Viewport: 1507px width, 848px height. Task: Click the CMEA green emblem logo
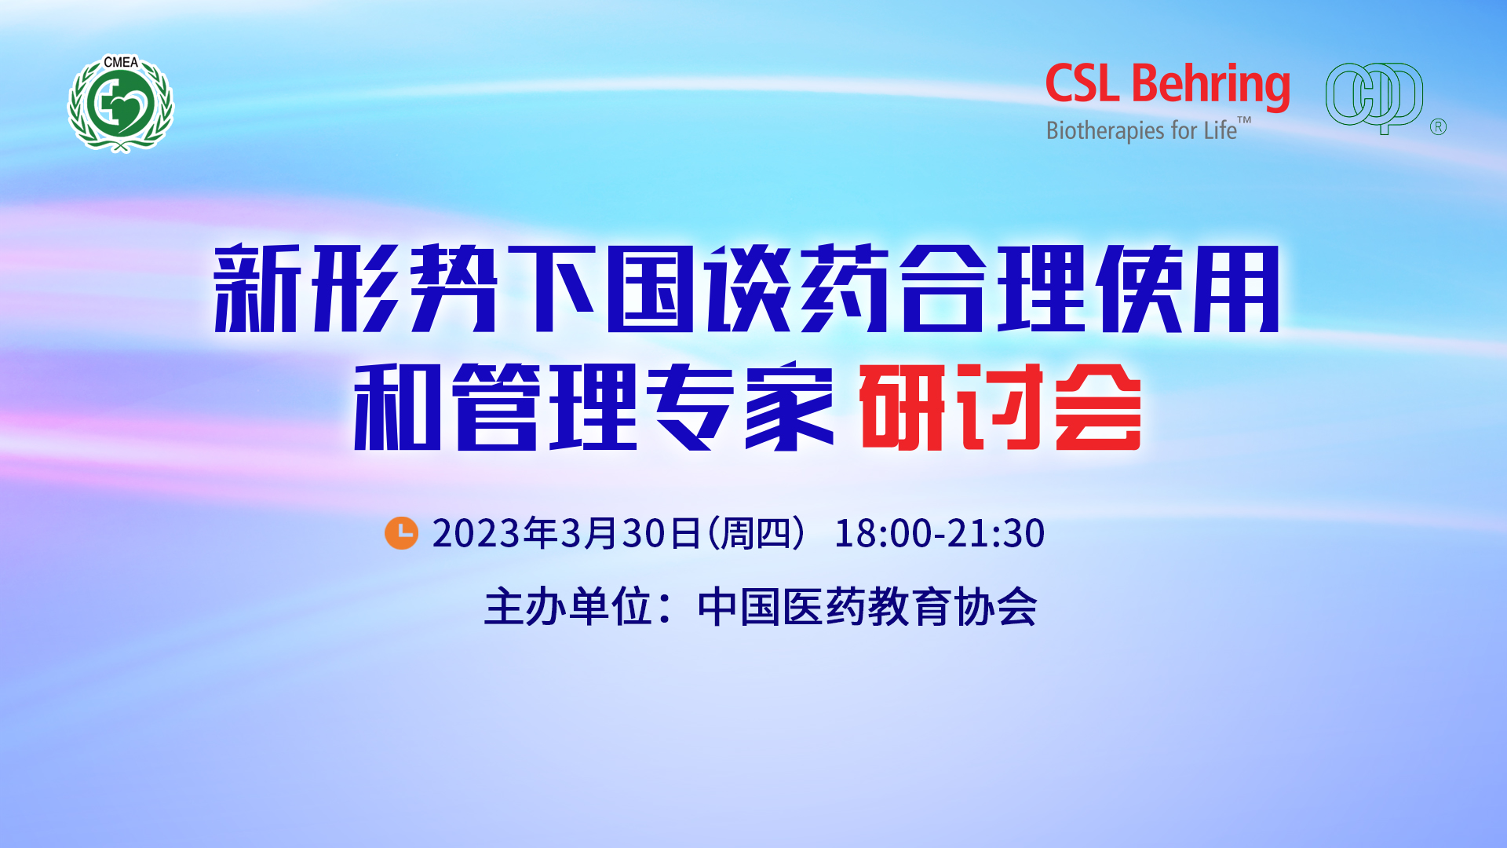point(121,103)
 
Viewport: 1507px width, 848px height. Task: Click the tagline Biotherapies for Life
point(1141,130)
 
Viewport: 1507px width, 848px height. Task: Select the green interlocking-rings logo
point(1374,97)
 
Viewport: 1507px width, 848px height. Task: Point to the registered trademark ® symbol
point(1438,127)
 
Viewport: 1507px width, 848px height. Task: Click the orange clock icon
point(401,533)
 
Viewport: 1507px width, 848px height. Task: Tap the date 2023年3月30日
point(566,533)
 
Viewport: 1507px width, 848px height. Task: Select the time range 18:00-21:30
point(940,533)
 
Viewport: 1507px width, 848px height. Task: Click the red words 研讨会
point(1000,407)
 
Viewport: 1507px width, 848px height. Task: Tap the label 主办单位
point(568,607)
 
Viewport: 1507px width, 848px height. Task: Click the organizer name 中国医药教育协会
point(867,607)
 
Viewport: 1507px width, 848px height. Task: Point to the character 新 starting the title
point(258,288)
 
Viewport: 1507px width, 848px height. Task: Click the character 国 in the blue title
point(651,288)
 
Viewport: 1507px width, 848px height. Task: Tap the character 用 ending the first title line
point(1237,288)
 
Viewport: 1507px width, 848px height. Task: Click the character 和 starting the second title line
point(397,407)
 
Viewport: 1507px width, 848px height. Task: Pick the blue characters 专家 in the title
point(740,407)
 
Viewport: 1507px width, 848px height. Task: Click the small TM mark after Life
point(1245,121)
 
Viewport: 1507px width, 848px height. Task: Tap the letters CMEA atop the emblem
point(121,62)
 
